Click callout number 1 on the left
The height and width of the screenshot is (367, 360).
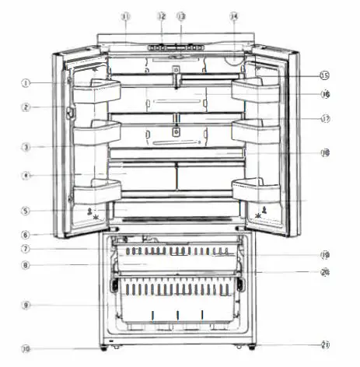26,82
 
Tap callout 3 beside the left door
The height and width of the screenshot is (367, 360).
26,146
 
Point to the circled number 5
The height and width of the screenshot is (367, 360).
26,210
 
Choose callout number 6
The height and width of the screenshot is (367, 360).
26,234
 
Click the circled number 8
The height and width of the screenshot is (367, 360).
26,265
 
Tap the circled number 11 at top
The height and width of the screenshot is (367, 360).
127,16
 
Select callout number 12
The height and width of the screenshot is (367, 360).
161,16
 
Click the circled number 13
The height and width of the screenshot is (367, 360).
181,16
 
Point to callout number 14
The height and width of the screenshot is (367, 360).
234,16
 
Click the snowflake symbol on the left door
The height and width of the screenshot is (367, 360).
96,218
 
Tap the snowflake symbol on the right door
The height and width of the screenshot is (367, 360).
257,218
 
